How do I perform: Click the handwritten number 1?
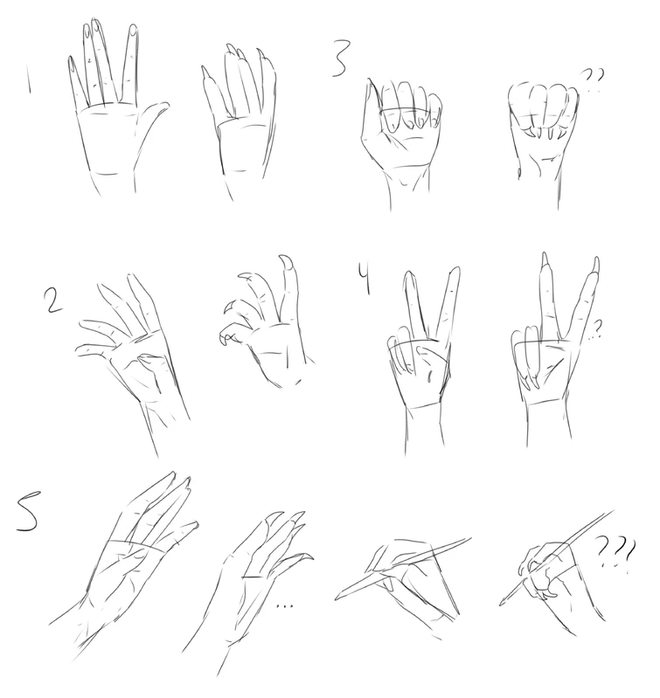[29, 78]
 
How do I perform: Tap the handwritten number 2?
[53, 300]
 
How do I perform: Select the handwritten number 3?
[341, 59]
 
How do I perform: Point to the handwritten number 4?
[365, 279]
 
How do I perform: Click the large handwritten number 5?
[27, 511]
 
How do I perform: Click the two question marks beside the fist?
[594, 79]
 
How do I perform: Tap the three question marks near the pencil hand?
[615, 553]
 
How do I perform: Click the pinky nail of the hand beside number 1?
[71, 65]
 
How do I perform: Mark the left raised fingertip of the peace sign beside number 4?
[410, 275]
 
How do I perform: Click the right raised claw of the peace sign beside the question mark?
[595, 264]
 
